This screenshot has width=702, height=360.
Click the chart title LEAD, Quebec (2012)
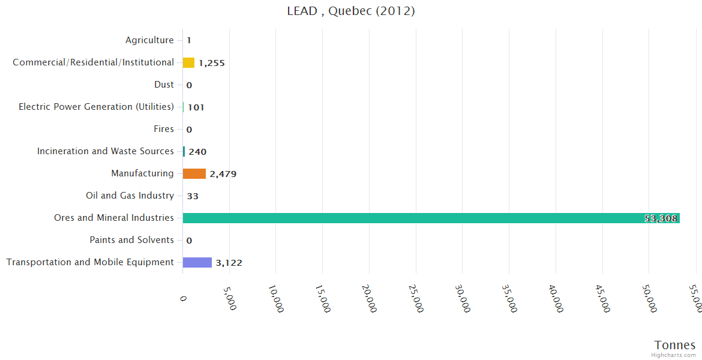coord(351,11)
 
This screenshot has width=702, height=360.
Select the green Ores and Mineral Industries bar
coord(431,218)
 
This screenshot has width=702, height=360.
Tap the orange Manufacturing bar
coord(194,174)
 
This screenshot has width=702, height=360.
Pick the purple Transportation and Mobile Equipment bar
coord(197,263)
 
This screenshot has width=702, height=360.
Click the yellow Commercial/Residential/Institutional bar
coord(188,63)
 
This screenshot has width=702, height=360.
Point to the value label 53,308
coord(661,218)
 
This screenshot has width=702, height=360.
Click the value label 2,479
coord(223,175)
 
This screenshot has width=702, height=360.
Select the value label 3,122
coord(229,263)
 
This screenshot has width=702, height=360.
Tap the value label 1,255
coord(212,63)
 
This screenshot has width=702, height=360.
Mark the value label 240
coord(197,152)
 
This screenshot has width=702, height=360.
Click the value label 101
coord(196,108)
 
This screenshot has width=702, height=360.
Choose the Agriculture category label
coord(149,41)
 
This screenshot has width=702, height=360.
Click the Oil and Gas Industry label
coord(130,196)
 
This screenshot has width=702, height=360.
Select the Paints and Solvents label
coord(132,240)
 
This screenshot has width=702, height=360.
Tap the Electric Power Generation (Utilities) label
coord(96,107)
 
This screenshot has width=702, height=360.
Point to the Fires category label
coord(164,129)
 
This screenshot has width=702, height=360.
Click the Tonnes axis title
coord(675,345)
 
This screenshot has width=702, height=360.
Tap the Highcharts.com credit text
coord(674,355)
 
